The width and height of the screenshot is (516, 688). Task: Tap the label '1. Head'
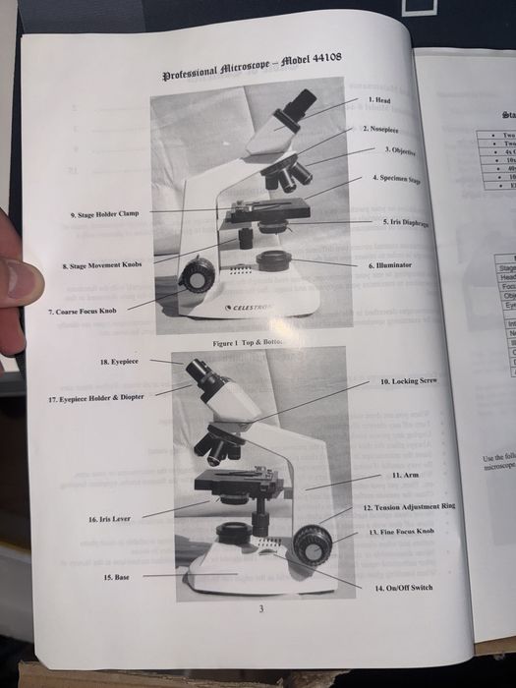[379, 100]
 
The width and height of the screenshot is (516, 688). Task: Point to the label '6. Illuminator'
[389, 265]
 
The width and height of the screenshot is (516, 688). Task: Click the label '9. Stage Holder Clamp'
[105, 213]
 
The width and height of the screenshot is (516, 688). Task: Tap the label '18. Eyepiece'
[119, 362]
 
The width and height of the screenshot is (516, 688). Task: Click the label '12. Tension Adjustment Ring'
[410, 508]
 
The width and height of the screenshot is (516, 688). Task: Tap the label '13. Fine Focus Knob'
[400, 531]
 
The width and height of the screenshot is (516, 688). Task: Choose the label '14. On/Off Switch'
[404, 587]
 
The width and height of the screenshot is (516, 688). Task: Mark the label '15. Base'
[116, 577]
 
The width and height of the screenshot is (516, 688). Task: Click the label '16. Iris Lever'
[109, 518]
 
